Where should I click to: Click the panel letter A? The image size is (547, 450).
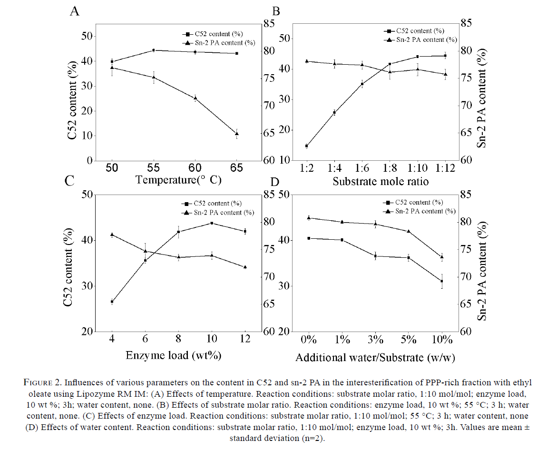coord(75,11)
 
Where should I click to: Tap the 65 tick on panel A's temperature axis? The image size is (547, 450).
coord(236,168)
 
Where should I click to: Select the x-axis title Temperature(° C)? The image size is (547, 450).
coord(178,180)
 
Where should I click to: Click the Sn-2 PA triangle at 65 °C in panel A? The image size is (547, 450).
coord(237,134)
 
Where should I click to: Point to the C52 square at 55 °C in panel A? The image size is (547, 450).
coord(154,50)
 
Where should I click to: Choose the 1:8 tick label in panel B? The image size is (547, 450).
coord(390,168)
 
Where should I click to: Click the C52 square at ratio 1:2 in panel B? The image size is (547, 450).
coord(307,146)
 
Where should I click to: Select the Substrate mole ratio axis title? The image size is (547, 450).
coord(381,181)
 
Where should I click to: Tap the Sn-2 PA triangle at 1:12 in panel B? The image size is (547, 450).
coord(445,74)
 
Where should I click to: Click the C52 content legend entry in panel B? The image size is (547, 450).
coord(414,31)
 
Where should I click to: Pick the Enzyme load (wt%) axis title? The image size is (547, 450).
coord(174,355)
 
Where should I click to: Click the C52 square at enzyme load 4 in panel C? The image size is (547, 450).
coord(112,302)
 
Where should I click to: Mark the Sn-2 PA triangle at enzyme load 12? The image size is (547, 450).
coord(245,267)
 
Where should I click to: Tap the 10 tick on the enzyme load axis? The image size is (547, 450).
coord(211,339)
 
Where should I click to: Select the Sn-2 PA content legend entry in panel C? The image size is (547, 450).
coord(218,213)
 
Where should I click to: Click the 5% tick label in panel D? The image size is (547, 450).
coord(409,340)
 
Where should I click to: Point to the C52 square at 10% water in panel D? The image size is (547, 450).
coord(442,281)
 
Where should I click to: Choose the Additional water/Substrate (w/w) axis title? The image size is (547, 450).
coord(375,358)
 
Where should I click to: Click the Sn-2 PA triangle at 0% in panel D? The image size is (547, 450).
coord(309,218)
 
